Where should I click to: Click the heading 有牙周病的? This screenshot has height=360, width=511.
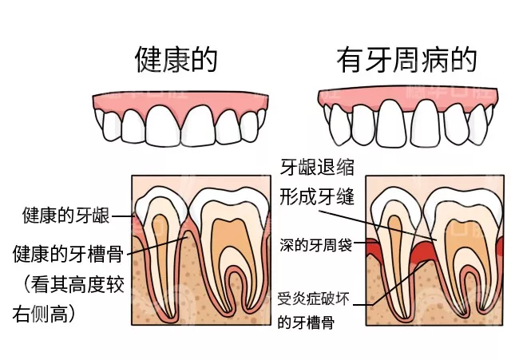pos(406,60)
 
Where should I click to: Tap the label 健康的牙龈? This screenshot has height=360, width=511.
pos(65,216)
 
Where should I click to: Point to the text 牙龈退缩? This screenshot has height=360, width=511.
pos(316,168)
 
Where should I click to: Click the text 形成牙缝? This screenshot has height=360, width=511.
pos(316,197)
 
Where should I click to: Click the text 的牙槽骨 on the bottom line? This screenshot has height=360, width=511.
pos(305,323)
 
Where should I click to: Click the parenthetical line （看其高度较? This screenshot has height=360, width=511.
pos(68,285)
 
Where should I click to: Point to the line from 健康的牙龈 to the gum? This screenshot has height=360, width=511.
pos(122,216)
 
